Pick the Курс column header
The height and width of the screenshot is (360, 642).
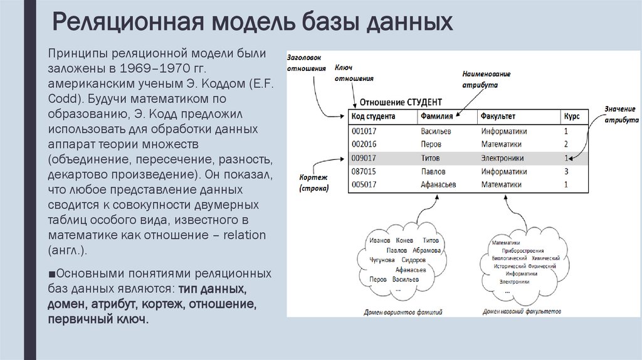[x=571, y=117]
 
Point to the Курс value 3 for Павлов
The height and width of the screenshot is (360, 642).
[x=566, y=171]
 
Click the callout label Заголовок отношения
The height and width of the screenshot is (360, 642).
[x=307, y=63]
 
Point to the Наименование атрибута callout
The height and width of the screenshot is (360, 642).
[x=487, y=78]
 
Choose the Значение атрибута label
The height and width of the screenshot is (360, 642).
[x=621, y=114]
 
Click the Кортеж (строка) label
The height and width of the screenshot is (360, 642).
[x=314, y=183]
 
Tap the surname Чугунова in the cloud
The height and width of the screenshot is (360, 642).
[x=382, y=260]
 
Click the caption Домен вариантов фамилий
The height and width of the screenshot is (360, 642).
[x=403, y=312]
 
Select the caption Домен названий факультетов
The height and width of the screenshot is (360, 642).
[x=522, y=311]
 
